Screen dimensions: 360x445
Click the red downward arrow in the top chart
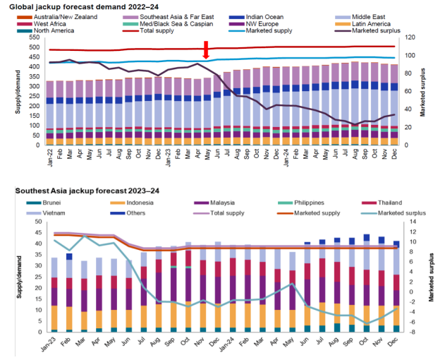pyautogui.click(x=205, y=51)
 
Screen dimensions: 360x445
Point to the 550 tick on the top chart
pyautogui.click(x=33, y=37)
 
